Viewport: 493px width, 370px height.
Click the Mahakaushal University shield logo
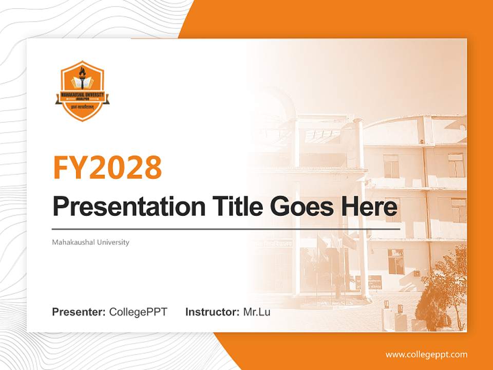pyautogui.click(x=82, y=91)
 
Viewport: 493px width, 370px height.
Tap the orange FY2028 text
pyautogui.click(x=107, y=168)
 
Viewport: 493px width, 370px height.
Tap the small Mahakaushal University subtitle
pyautogui.click(x=90, y=242)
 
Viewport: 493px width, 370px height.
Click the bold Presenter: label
pyautogui.click(x=79, y=312)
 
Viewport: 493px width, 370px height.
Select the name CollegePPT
pyautogui.click(x=138, y=312)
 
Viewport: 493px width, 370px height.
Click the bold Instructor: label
pyautogui.click(x=212, y=312)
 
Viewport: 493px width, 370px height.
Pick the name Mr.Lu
pyautogui.click(x=257, y=312)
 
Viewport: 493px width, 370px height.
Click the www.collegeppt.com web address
pyautogui.click(x=426, y=354)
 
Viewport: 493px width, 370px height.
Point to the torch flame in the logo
pyautogui.click(x=82, y=70)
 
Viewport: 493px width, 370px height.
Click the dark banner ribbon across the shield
pyautogui.click(x=82, y=96)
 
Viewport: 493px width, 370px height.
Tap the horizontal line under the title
pyautogui.click(x=226, y=229)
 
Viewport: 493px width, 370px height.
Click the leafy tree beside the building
pyautogui.click(x=444, y=288)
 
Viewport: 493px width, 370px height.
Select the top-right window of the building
pyautogui.click(x=456, y=164)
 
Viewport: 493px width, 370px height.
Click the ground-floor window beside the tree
pyautogui.click(x=395, y=261)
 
